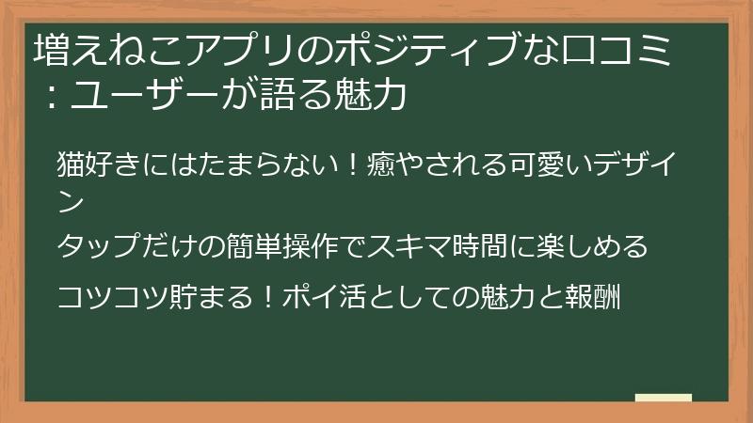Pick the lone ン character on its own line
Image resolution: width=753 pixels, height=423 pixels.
[x=71, y=199]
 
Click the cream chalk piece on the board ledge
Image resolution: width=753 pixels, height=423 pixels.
[x=663, y=398]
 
